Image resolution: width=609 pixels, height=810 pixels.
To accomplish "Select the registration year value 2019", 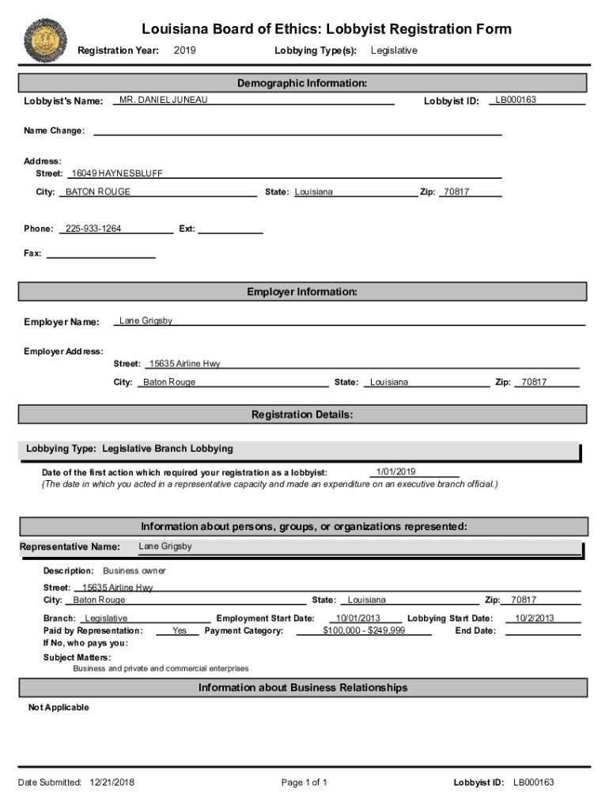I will (x=184, y=51).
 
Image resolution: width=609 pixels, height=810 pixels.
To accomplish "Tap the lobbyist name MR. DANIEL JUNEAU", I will (x=164, y=100).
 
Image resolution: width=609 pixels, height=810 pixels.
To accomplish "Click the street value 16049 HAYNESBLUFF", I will (x=116, y=173).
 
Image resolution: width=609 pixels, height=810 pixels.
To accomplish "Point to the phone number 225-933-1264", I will (x=93, y=229).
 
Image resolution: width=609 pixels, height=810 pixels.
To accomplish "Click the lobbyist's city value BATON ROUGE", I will (x=98, y=192).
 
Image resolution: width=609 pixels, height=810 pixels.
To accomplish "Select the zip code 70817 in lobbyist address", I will (x=456, y=192).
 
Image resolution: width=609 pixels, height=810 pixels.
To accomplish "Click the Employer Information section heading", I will (x=302, y=292).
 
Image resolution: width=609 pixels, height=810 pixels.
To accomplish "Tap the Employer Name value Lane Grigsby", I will (x=146, y=321).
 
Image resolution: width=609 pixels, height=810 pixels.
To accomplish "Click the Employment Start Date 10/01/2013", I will (x=358, y=619).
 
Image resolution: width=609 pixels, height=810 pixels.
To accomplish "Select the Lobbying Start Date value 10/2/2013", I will (x=535, y=619).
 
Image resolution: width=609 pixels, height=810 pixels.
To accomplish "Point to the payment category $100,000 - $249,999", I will (x=365, y=630).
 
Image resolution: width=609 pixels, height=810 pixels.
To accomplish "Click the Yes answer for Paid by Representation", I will (x=180, y=630).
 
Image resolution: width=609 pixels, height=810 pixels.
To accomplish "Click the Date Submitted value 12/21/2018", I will (x=111, y=782).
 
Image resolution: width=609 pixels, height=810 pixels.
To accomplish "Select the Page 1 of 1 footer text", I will (x=304, y=782).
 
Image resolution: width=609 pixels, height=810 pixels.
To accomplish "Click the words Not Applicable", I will (x=59, y=707).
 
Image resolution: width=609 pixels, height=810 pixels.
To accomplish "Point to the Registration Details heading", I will (x=302, y=414).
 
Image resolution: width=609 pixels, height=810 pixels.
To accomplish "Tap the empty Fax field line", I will (x=100, y=254).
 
